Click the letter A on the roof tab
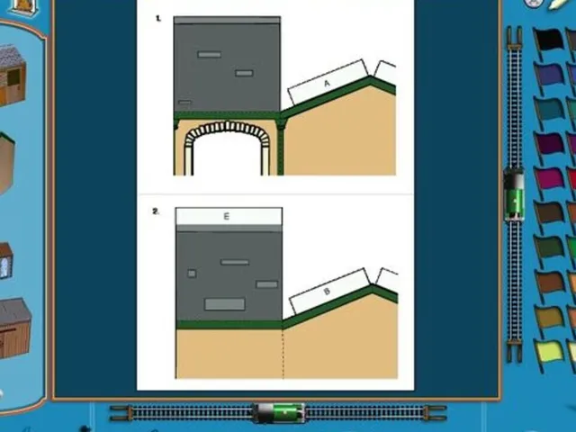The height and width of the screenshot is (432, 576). [x=327, y=84]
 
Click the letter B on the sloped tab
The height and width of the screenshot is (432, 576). [x=327, y=292]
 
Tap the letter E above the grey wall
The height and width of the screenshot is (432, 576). [x=226, y=216]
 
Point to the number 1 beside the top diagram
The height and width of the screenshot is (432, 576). [x=158, y=18]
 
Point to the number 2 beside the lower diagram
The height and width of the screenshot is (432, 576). [x=156, y=211]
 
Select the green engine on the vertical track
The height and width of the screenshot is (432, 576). [x=514, y=193]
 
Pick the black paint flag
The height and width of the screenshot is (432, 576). [x=548, y=41]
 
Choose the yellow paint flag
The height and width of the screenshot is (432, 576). [x=549, y=354]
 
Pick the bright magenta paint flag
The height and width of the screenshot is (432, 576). [x=548, y=181]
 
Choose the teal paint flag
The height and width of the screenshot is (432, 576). [x=548, y=110]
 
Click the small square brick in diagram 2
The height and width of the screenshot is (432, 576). [x=192, y=274]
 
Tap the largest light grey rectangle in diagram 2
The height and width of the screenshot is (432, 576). [x=224, y=304]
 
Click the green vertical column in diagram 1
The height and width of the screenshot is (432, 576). [x=280, y=147]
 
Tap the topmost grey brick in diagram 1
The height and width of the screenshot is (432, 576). [x=209, y=54]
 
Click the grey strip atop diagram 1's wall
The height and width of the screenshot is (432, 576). [x=227, y=20]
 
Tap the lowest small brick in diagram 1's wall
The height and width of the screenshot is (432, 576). [x=184, y=103]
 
